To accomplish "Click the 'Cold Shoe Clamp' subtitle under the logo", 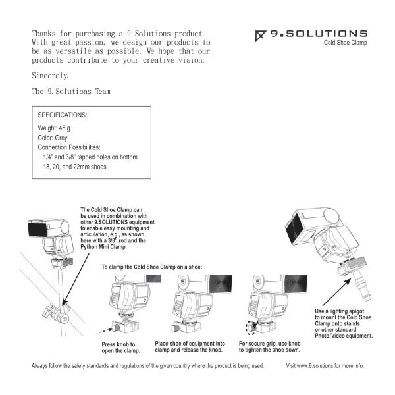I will pyautogui.click(x=345, y=43).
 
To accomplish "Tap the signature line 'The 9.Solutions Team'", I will pyautogui.click(x=71, y=92).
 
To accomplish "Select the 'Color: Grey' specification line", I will pyautogui.click(x=57, y=138).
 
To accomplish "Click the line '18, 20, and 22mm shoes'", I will pyautogui.click(x=74, y=167).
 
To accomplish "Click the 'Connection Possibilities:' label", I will pyautogui.click(x=69, y=147).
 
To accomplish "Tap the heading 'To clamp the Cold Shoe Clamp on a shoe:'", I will pyautogui.click(x=151, y=267).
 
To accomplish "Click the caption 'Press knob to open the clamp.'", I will pyautogui.click(x=119, y=347).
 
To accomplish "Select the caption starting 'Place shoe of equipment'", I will pyautogui.click(x=189, y=347).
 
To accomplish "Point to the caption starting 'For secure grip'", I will pyautogui.click(x=270, y=347).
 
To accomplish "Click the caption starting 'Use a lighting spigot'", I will pyautogui.click(x=344, y=323).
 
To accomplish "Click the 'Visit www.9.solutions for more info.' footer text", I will pyautogui.click(x=325, y=365).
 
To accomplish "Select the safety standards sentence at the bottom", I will pyautogui.click(x=147, y=365).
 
